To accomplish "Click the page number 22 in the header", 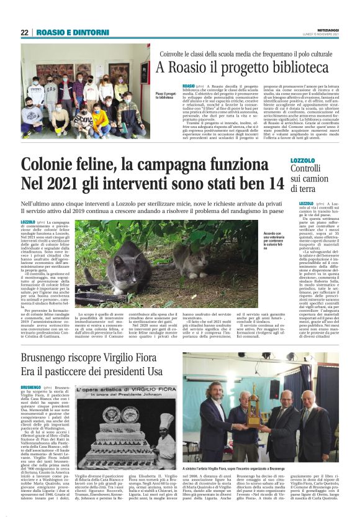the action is [x=24, y=32].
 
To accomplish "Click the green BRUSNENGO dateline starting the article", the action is [x=29, y=387].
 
